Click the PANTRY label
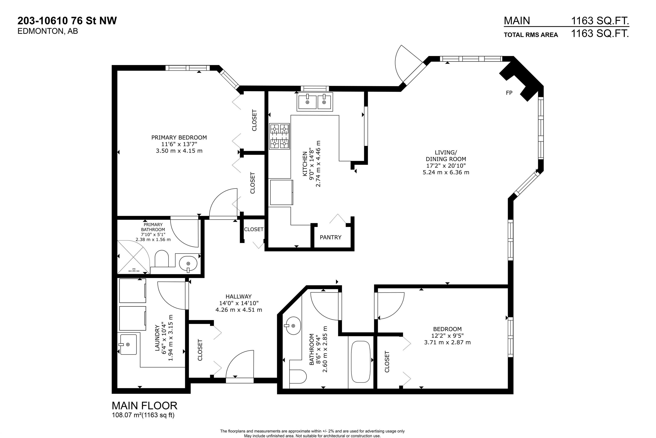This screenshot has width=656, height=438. coord(331,237)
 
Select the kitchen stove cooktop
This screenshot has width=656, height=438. coord(279,136)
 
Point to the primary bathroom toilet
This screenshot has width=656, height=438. coord(161,259)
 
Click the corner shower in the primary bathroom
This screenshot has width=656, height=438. coord(133,257)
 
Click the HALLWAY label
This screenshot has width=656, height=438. coord(239,296)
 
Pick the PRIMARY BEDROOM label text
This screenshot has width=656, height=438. coord(179,137)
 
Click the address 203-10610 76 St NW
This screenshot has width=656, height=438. coord(67,21)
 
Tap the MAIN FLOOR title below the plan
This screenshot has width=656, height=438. coord(144,405)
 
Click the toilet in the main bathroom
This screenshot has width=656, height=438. coord(298,377)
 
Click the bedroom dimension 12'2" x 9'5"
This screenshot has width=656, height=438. coord(447,336)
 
